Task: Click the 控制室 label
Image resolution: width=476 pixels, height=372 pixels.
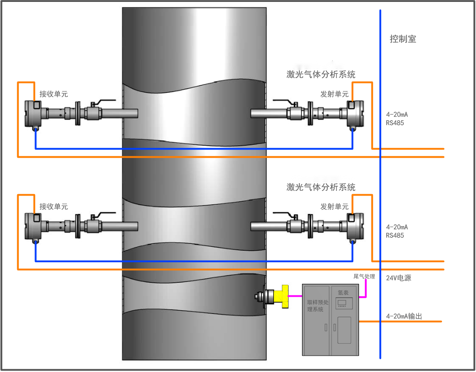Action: [403, 39]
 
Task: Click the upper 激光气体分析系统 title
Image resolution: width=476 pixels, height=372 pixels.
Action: [321, 74]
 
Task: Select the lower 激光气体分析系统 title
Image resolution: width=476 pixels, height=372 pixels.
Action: [321, 187]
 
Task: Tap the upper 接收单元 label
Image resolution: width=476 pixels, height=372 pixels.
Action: [54, 94]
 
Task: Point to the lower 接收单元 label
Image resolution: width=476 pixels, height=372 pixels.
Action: [54, 207]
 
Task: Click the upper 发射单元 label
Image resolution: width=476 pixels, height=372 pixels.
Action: [335, 94]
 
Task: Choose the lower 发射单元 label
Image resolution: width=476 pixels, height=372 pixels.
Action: [335, 207]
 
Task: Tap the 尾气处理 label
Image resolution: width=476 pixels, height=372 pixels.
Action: [364, 277]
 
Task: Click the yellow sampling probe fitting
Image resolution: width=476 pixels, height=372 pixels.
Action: [281, 296]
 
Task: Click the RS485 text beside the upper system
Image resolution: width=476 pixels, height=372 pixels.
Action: [395, 123]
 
